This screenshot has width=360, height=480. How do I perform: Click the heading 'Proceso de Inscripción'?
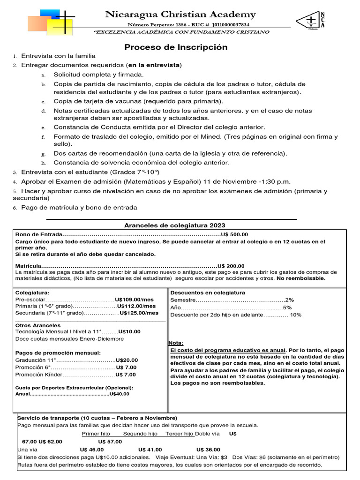coord(176,47)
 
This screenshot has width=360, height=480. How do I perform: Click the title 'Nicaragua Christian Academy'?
coord(180,15)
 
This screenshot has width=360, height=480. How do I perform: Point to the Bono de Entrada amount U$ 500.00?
coord(234,235)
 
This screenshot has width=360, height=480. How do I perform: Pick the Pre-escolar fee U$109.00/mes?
coord(134,300)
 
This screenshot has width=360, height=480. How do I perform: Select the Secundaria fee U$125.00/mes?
coord(139,313)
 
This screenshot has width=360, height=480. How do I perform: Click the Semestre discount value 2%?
coord(289,300)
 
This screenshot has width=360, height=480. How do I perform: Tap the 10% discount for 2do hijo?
coord(296,315)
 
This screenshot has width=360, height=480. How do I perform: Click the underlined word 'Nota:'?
coord(176,343)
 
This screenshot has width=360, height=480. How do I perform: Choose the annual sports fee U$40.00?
coord(119,394)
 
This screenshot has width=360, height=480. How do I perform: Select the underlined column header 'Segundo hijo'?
coord(140,434)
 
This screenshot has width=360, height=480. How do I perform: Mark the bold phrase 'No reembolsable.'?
coord(300,278)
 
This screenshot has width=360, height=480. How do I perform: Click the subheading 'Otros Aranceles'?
coord(38,325)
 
